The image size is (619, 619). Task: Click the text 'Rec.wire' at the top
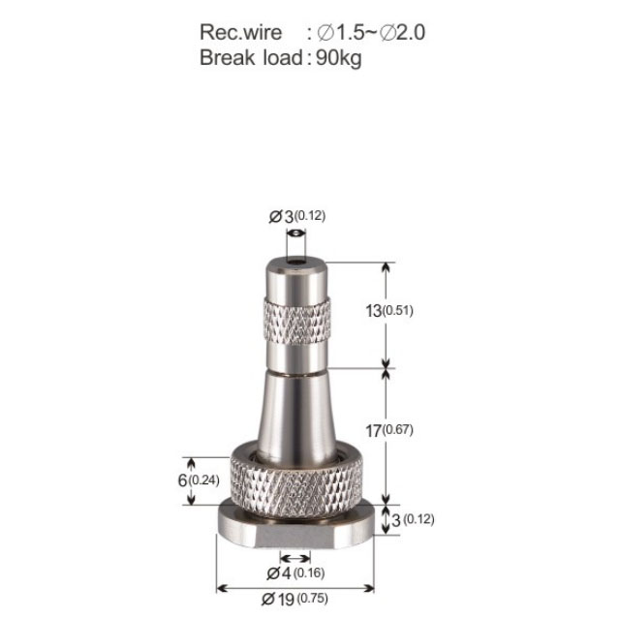point(240,32)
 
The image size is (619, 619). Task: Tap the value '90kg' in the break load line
point(339,58)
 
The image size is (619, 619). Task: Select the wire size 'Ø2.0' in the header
point(402,32)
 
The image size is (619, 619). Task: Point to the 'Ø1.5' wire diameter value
point(340,32)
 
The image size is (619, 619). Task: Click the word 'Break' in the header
point(227,57)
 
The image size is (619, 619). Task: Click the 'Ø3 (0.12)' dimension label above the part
point(296,216)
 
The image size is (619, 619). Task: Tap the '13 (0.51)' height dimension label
point(389,311)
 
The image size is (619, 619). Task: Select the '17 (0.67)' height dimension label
point(389,430)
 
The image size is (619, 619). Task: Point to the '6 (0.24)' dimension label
point(199,480)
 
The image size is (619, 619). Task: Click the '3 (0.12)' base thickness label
point(413,519)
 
